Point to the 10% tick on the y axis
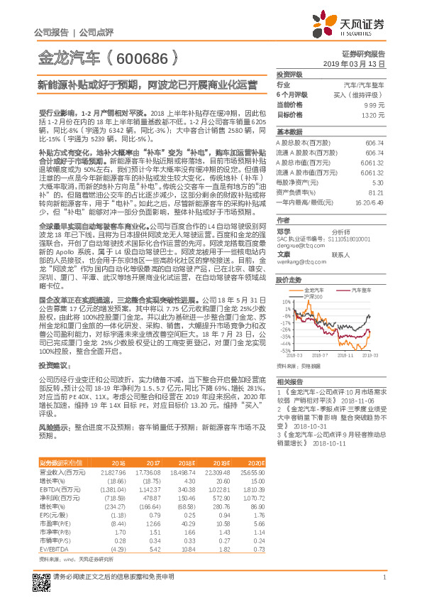click(285, 301)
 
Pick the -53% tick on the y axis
click(284, 350)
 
